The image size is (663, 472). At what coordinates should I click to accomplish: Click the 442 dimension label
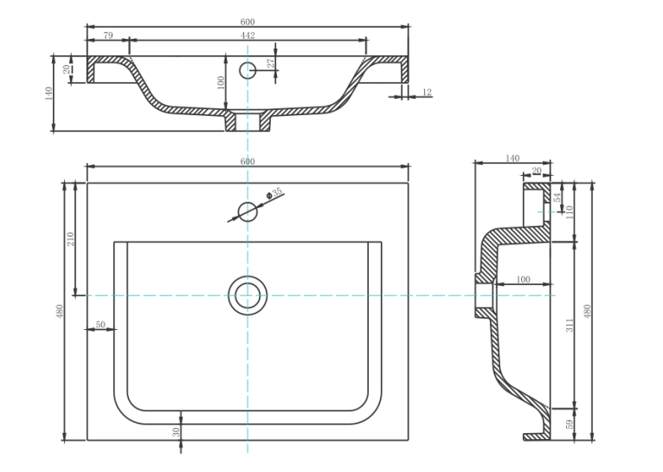(x=248, y=36)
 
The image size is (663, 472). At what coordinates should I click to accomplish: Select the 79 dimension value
(x=108, y=36)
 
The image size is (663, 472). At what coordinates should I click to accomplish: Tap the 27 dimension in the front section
(x=271, y=63)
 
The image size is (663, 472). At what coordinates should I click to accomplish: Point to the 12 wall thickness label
(x=427, y=92)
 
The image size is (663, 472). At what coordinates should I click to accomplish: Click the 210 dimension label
(x=70, y=239)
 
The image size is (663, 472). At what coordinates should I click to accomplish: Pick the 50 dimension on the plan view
(x=100, y=325)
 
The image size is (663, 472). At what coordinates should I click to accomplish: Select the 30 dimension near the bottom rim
(x=176, y=432)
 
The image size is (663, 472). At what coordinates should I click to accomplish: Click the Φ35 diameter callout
(x=274, y=193)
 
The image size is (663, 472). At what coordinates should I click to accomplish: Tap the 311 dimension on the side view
(x=570, y=326)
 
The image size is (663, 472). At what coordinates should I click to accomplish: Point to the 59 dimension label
(x=570, y=424)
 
